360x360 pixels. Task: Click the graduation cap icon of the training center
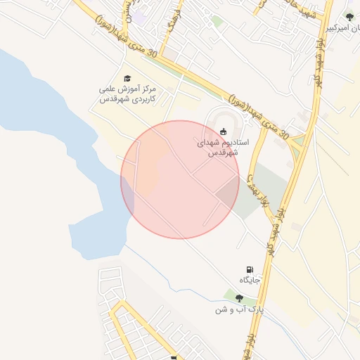point(127,78)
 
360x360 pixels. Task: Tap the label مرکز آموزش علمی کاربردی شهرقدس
point(127,95)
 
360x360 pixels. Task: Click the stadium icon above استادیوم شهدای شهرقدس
point(224,131)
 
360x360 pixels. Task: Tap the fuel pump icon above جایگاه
point(250,269)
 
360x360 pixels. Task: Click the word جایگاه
point(250,281)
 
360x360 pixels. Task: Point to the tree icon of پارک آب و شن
point(239,298)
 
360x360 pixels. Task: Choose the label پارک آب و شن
point(239,309)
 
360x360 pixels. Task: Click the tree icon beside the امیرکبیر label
point(349,17)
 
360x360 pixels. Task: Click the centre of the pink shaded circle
point(180,179)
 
